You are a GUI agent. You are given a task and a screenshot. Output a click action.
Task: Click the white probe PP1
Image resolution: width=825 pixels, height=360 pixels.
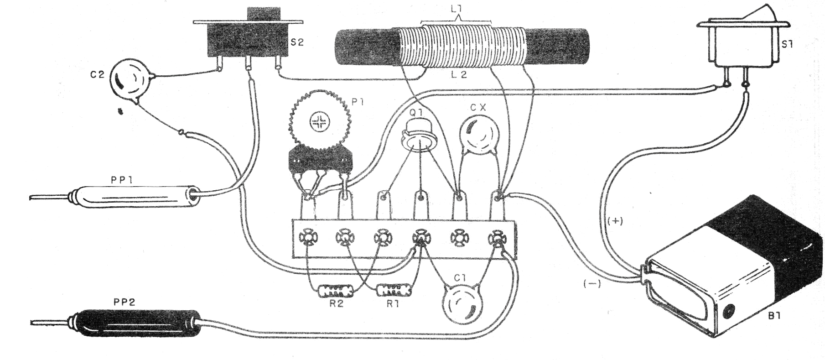[x=137, y=198]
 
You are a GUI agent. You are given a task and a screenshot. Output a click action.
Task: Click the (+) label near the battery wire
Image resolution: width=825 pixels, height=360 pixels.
[x=615, y=222]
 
